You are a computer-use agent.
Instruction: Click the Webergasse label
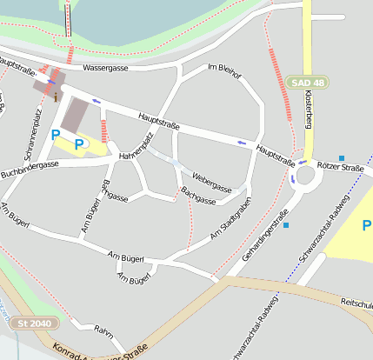click(x=212, y=182)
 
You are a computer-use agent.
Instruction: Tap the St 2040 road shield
click(x=33, y=323)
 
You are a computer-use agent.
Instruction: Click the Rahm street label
click(x=105, y=330)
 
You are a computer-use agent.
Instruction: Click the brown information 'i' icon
click(x=56, y=97)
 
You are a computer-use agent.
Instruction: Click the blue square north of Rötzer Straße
click(x=341, y=157)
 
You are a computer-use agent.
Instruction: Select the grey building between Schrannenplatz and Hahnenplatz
click(x=75, y=115)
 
